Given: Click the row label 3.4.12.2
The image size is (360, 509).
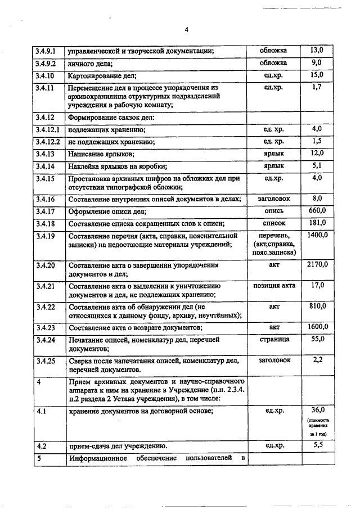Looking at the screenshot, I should click(48, 142).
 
